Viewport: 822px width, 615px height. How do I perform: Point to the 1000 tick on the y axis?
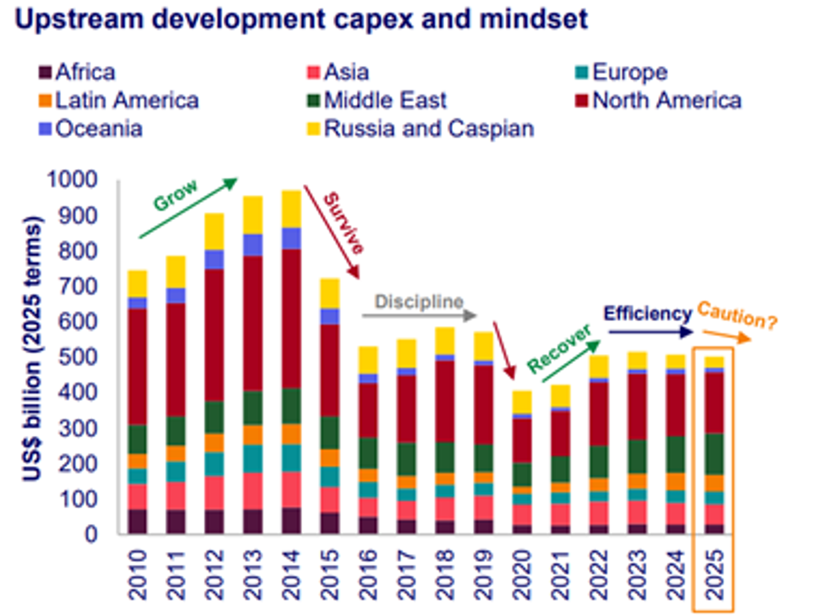pyautogui.click(x=72, y=179)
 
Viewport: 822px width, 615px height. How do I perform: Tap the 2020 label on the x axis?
pyautogui.click(x=522, y=575)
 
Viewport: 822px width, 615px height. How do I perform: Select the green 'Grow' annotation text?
pyautogui.click(x=175, y=195)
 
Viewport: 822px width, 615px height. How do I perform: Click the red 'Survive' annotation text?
pyautogui.click(x=343, y=223)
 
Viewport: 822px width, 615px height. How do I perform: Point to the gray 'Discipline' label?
pyautogui.click(x=419, y=302)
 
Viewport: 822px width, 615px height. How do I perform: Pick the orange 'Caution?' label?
pyautogui.click(x=737, y=315)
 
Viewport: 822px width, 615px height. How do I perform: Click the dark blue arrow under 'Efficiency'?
pyautogui.click(x=650, y=332)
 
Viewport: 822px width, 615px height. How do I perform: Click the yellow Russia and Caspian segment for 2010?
pyautogui.click(x=137, y=284)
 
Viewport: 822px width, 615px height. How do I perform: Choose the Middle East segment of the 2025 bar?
pyautogui.click(x=714, y=454)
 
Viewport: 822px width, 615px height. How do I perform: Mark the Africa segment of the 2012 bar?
pyautogui.click(x=214, y=521)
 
